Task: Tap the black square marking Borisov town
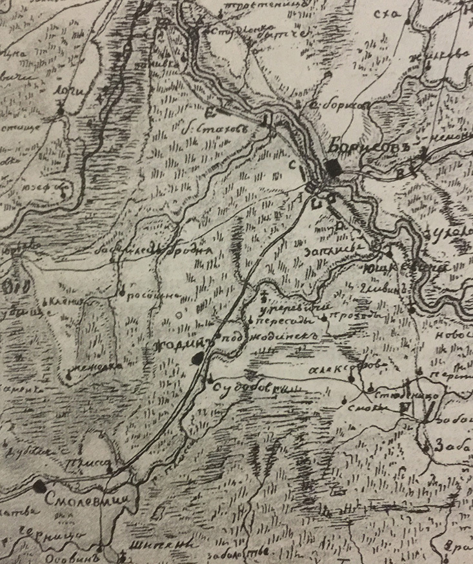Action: coord(333,167)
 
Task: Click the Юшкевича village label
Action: coord(404,266)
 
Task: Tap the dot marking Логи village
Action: coord(60,111)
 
